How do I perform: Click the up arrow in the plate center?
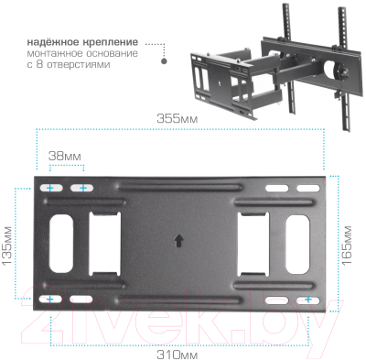click(178, 243)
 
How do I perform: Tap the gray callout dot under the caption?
click(165, 63)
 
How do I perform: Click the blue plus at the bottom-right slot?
click(308, 300)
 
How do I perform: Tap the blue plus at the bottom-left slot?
click(49, 300)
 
